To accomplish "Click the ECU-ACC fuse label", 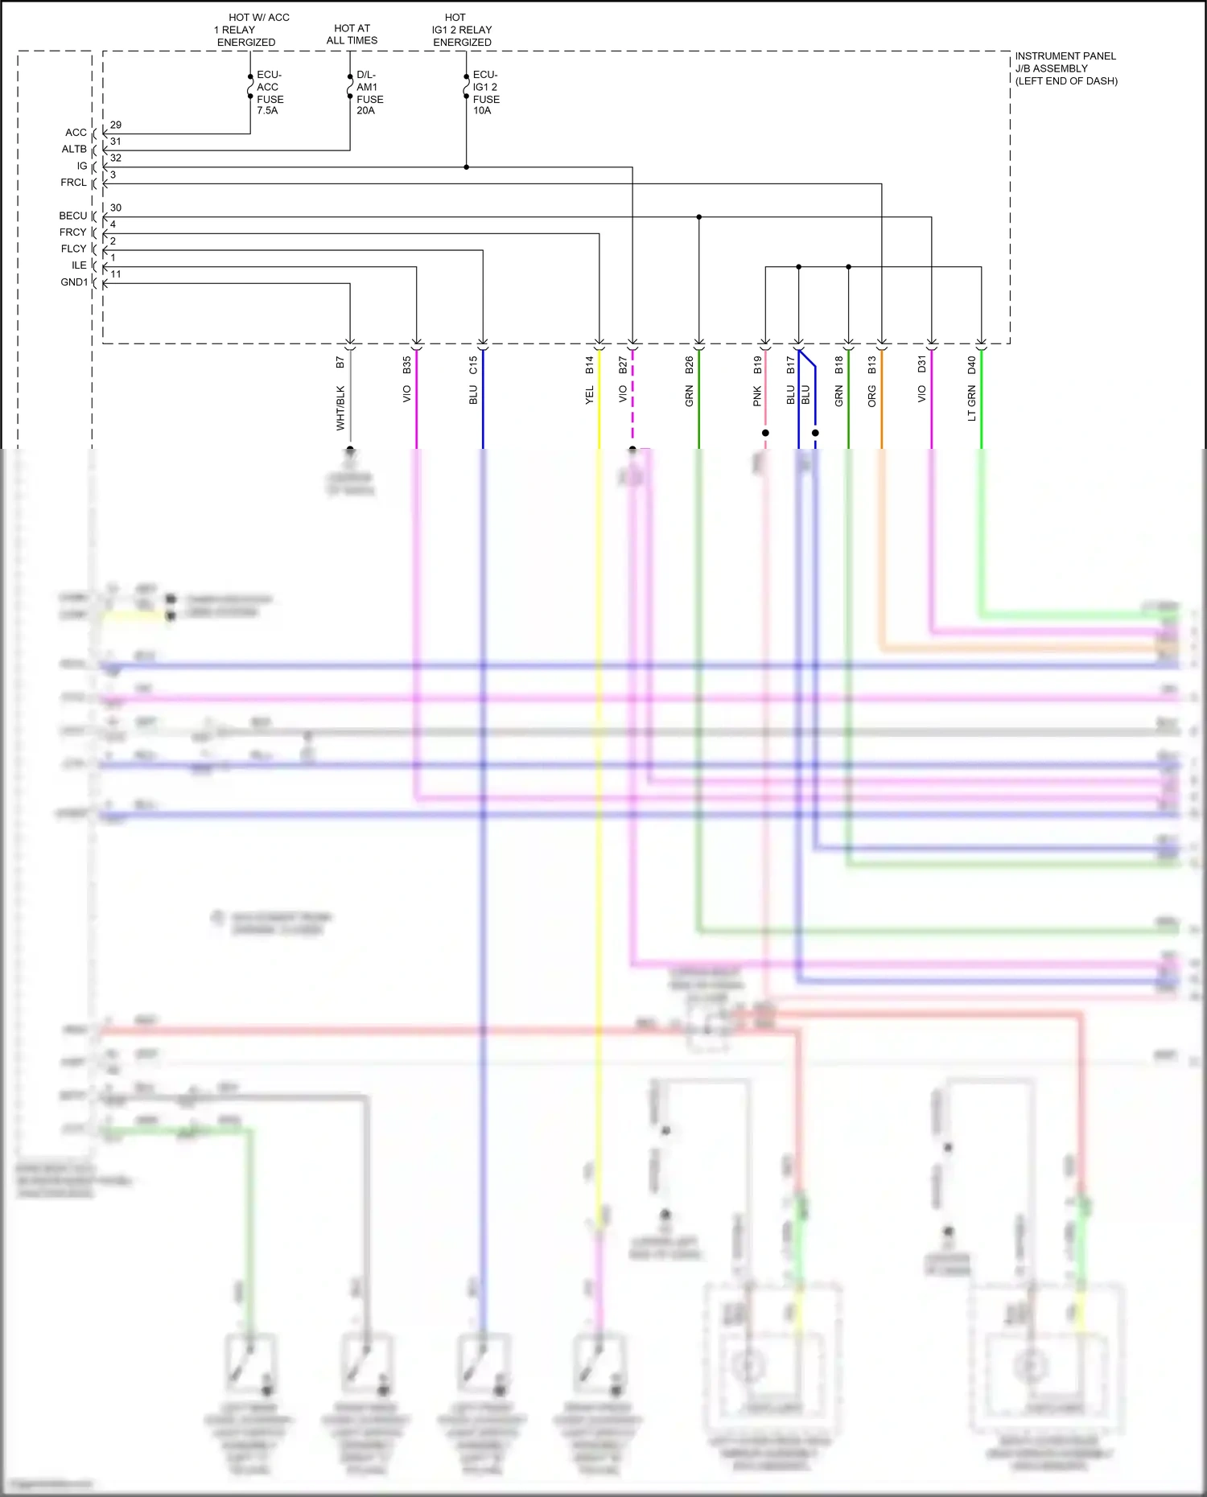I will point(270,93).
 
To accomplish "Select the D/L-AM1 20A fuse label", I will point(369,93).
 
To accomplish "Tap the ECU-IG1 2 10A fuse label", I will point(486,93).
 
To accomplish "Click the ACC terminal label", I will point(76,133).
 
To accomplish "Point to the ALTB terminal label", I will point(74,150).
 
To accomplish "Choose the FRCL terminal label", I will point(73,183).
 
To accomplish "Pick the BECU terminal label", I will point(72,216).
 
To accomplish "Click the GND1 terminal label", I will point(74,282).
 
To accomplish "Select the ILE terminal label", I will point(79,265).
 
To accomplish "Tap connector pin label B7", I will point(340,363).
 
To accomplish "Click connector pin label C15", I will point(473,365).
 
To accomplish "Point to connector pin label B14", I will point(589,365).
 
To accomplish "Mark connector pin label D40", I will point(971,365).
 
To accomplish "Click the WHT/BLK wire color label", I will point(340,408).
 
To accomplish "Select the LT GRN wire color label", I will point(971,403).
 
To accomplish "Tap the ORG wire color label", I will point(871,396).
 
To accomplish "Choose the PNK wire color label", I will point(756,396).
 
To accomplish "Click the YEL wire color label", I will point(589,395).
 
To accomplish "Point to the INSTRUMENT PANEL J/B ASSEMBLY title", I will point(1065,68).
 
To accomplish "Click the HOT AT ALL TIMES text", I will point(352,35).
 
